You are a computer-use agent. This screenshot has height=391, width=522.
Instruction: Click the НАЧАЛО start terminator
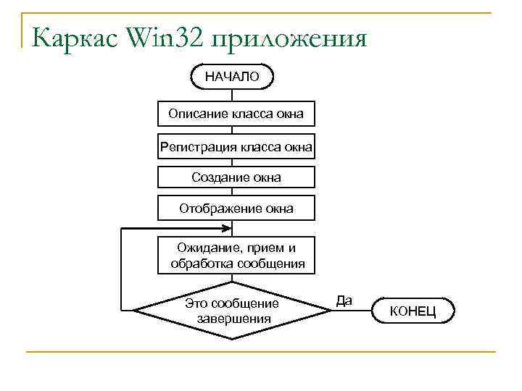point(232,76)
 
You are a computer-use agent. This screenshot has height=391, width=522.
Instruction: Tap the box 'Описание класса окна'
point(236,114)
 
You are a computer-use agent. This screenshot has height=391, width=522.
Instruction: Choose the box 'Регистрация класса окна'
point(236,148)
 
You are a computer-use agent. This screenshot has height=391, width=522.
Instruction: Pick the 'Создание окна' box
point(236,177)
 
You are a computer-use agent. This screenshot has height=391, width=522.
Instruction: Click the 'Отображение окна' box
point(236,209)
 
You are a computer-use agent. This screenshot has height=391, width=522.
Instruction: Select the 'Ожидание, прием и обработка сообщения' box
point(236,256)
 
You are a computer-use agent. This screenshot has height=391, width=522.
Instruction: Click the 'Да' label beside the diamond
point(344,300)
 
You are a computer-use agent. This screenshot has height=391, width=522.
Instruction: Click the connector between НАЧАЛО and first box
point(233,95)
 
